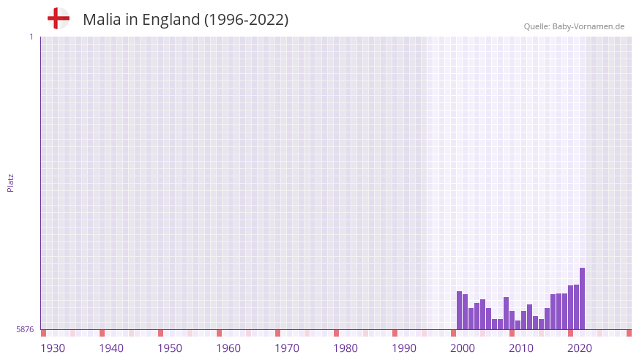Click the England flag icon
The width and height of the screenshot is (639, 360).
(59, 19)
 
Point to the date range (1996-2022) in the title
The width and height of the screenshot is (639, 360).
(245, 20)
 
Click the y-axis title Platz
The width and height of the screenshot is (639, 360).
(10, 182)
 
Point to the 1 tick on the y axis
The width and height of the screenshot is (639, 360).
(31, 37)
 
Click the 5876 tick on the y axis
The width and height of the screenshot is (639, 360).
(25, 330)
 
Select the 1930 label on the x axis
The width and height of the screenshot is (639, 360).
(53, 348)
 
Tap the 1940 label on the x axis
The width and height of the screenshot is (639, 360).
(111, 348)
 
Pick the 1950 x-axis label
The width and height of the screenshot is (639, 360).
(170, 348)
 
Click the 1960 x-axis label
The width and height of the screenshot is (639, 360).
(228, 348)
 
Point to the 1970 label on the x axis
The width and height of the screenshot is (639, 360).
(287, 348)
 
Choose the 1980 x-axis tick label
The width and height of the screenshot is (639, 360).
(345, 348)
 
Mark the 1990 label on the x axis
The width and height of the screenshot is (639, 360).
(404, 348)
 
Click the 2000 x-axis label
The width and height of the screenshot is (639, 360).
(463, 348)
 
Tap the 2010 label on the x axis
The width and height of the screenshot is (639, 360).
(521, 348)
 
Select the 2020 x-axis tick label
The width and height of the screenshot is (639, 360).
(580, 348)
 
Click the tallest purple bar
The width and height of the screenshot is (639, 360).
(582, 299)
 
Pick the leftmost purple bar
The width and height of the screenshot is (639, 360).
(459, 310)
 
